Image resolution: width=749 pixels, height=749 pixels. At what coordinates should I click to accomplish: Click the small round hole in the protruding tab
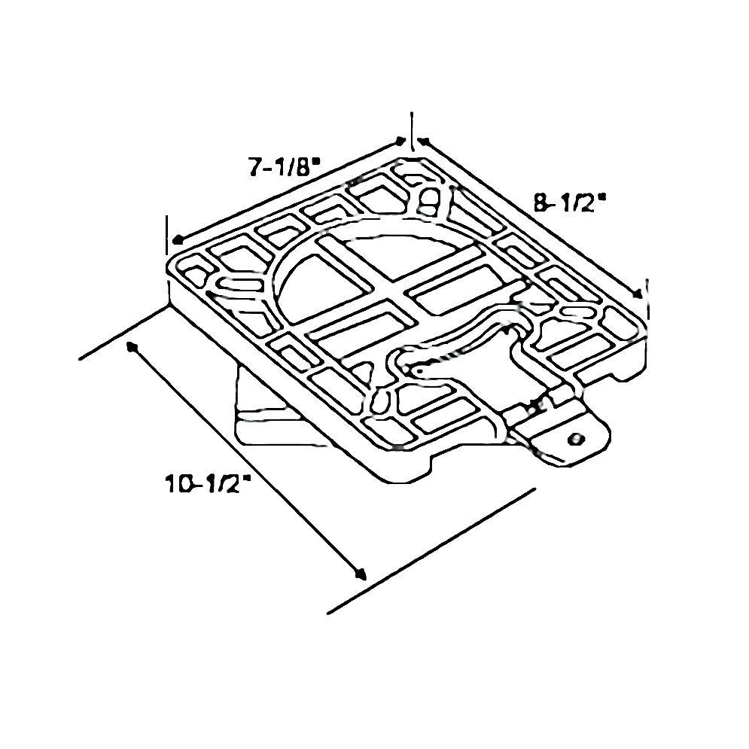click(x=577, y=438)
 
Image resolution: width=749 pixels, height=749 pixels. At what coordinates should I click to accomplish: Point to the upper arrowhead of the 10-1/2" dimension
click(x=132, y=347)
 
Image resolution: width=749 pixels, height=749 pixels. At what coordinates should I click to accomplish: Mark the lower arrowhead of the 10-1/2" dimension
click(x=361, y=574)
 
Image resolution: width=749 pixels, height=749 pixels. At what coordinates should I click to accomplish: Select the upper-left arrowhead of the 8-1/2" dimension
click(x=422, y=141)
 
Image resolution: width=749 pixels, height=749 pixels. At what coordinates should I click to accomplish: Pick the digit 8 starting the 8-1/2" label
click(x=540, y=202)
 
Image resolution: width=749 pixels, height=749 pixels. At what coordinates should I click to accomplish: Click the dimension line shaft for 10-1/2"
click(x=248, y=461)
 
